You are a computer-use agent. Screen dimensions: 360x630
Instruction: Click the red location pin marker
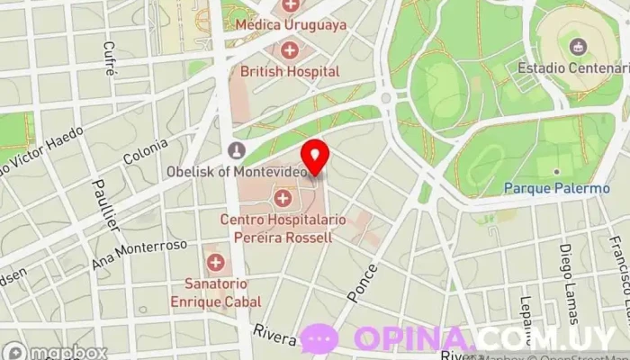(x=314, y=156)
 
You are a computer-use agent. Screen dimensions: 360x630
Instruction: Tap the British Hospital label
(x=290, y=70)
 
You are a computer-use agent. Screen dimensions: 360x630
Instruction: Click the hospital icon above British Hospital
(x=290, y=49)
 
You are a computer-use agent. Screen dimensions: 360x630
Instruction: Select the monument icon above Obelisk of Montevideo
(x=237, y=149)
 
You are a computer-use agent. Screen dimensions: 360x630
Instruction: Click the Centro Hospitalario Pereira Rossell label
(x=277, y=228)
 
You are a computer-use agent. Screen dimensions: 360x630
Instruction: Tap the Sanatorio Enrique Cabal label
(x=217, y=293)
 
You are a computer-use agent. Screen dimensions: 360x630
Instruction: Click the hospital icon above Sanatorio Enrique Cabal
(x=216, y=263)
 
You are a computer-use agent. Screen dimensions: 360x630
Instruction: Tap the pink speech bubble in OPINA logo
(x=319, y=338)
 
